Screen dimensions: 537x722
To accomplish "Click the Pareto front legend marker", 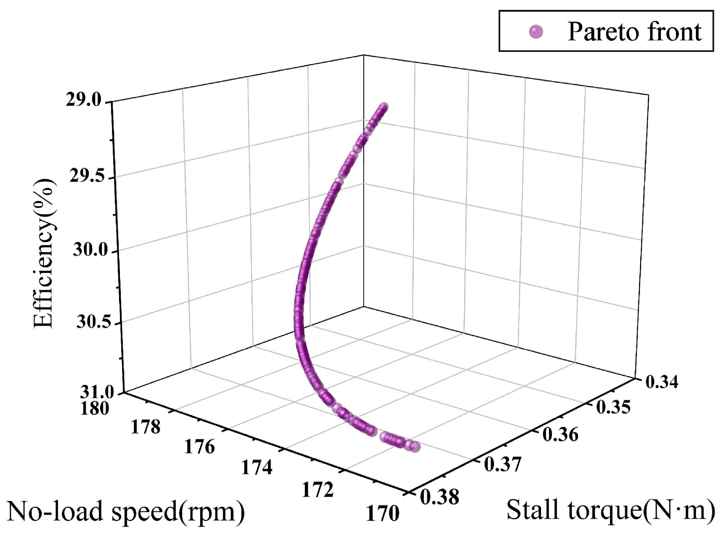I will (536, 31).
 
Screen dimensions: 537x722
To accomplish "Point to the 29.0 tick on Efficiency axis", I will (84, 100).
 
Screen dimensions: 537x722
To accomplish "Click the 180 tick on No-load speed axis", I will (95, 408).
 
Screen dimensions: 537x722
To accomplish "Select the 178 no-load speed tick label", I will (145, 427).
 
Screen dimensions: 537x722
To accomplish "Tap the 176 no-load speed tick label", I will (200, 447).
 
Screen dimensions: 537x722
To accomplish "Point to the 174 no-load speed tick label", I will (257, 468).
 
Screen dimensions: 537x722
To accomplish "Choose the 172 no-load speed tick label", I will (317, 490).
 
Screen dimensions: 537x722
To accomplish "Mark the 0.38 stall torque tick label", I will (440, 497).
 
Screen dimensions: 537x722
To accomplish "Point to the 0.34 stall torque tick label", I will (662, 382).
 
